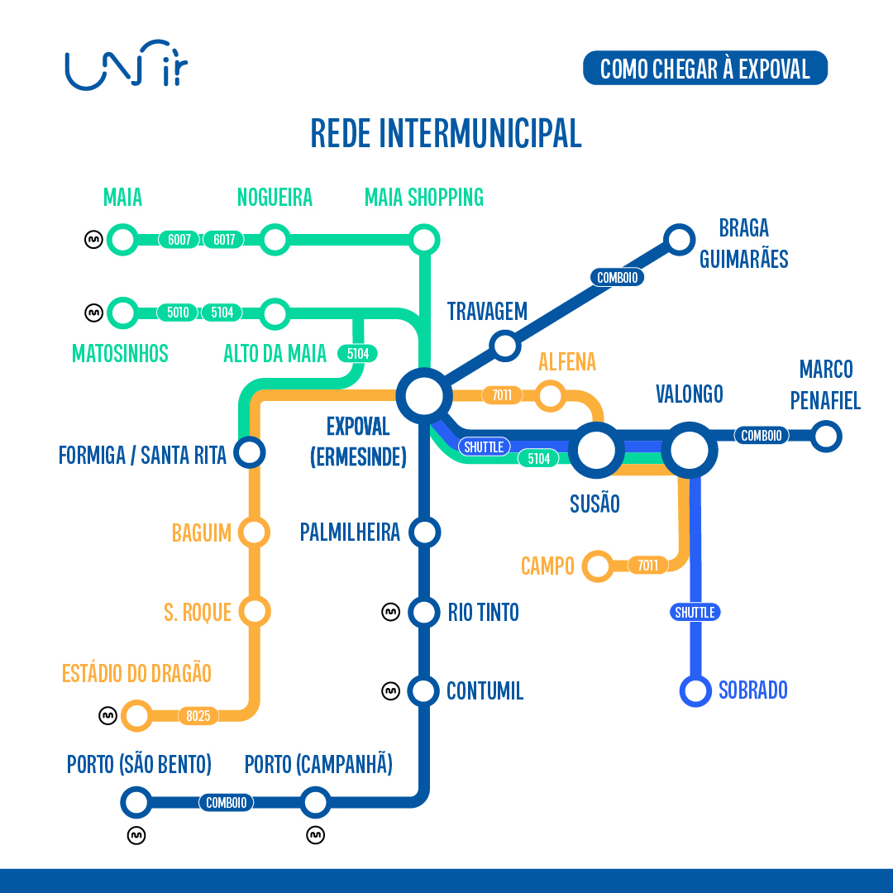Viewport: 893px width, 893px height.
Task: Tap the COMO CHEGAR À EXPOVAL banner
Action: point(704,69)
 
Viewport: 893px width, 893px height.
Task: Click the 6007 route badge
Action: point(179,241)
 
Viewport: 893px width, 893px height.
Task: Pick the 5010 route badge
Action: point(178,313)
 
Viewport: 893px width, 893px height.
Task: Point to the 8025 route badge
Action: point(198,716)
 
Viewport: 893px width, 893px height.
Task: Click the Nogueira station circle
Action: point(275,241)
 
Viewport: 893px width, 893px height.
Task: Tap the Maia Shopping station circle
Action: point(424,241)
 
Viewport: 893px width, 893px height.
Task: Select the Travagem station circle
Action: point(504,345)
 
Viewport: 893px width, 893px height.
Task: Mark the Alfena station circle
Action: point(550,395)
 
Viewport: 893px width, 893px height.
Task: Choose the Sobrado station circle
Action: point(695,690)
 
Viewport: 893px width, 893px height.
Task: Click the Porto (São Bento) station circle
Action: point(136,801)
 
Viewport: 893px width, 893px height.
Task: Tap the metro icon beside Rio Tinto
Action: point(390,612)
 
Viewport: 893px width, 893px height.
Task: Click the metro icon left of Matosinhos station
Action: point(94,313)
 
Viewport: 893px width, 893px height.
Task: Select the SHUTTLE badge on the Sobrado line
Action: point(695,613)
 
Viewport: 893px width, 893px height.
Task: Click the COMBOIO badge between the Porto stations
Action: point(226,802)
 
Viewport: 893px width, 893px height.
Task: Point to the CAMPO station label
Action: point(547,566)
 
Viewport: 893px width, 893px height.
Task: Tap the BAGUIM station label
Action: point(202,532)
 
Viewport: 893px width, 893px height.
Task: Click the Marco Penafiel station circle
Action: point(825,435)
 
